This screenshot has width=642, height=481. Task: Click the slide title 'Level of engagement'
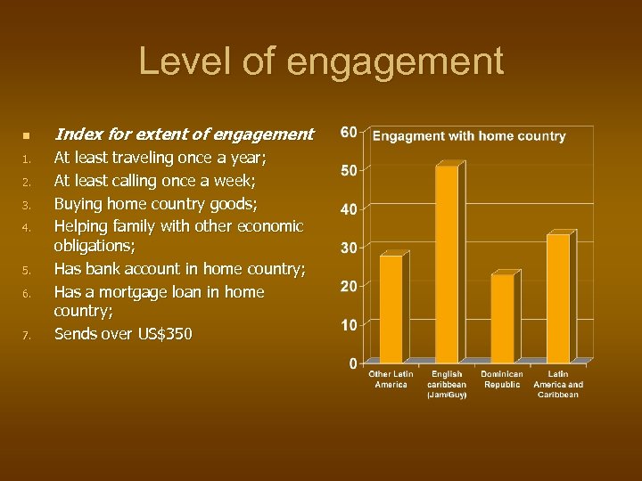pos(321,61)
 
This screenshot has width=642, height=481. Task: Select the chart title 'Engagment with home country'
pos(469,136)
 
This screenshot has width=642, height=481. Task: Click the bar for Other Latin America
pos(391,308)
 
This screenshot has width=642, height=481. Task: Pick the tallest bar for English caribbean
pos(446,264)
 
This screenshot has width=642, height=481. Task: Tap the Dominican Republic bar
pos(502,317)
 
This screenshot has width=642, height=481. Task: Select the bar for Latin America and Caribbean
pos(558,298)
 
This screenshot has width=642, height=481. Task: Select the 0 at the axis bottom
pos(353,363)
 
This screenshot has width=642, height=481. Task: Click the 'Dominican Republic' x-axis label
pos(502,379)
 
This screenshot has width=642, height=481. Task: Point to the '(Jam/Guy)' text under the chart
pos(447,394)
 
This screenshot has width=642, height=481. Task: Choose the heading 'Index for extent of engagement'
pos(184,135)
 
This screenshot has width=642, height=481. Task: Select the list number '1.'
pos(27,159)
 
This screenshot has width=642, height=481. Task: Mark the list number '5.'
pos(27,270)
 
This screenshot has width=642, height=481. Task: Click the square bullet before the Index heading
pos(26,135)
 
